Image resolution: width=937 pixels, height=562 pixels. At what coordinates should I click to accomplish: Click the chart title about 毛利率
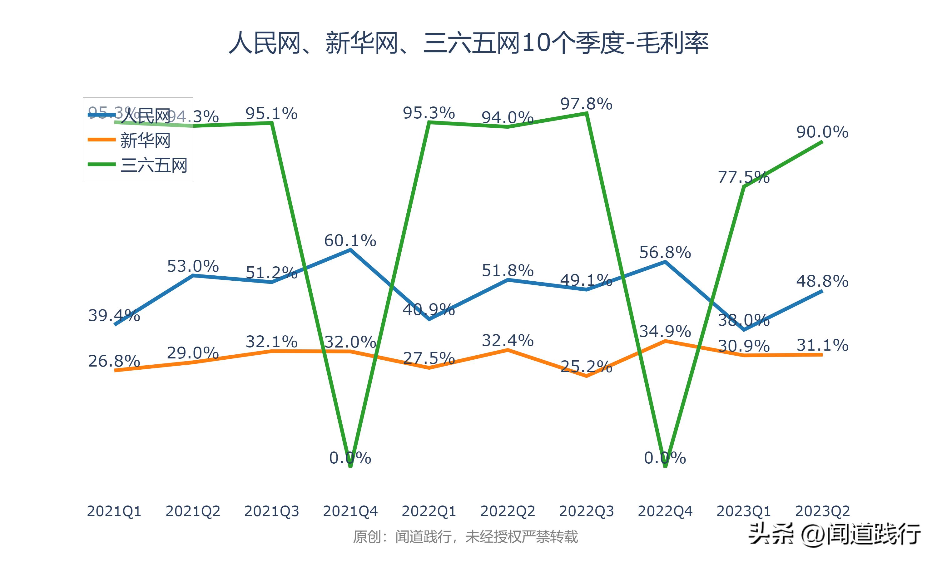click(x=468, y=42)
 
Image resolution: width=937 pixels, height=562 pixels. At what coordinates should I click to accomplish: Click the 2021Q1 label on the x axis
click(x=114, y=511)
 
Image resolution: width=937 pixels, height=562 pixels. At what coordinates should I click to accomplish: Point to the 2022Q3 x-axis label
click(x=586, y=511)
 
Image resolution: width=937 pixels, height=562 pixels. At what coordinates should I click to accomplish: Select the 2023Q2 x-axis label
click(x=822, y=511)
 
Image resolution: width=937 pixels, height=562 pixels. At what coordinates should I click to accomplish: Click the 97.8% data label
click(x=586, y=104)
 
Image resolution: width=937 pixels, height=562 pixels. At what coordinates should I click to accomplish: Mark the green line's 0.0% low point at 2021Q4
click(x=350, y=466)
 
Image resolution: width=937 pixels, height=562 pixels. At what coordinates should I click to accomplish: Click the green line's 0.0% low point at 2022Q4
click(x=666, y=466)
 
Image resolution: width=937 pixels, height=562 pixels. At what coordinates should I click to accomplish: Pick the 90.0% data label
click(x=822, y=132)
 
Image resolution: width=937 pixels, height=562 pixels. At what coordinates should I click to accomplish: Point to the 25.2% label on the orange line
click(x=586, y=367)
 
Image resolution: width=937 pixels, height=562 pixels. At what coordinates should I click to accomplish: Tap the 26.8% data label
click(x=114, y=361)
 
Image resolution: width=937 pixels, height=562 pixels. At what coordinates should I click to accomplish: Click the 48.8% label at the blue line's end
click(x=822, y=281)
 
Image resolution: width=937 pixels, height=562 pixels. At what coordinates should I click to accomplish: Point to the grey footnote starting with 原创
click(x=465, y=537)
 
